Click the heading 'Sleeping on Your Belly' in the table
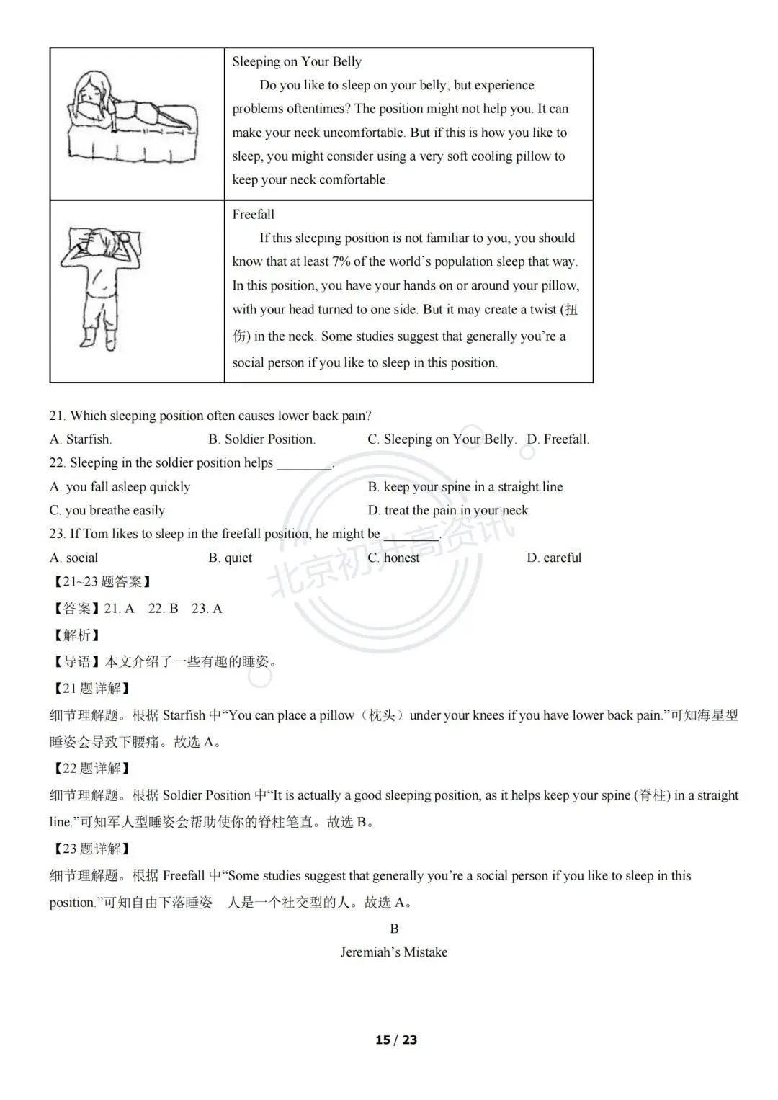point(297,61)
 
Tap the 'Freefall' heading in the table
point(253,214)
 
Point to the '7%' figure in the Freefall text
point(341,261)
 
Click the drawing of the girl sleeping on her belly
point(133,117)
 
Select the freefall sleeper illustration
point(101,289)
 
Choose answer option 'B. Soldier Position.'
point(261,439)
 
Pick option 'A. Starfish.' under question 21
point(81,439)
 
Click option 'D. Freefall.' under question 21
point(558,439)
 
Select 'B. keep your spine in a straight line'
point(465,487)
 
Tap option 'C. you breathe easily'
point(107,510)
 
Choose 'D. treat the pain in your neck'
point(448,510)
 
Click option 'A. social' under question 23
point(73,558)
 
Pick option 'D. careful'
point(554,558)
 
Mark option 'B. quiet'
point(230,558)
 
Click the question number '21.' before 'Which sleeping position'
point(57,416)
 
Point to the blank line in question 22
point(305,470)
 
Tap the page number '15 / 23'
point(396,1039)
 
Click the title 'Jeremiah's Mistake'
point(394,952)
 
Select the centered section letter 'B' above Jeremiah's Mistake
point(394,929)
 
